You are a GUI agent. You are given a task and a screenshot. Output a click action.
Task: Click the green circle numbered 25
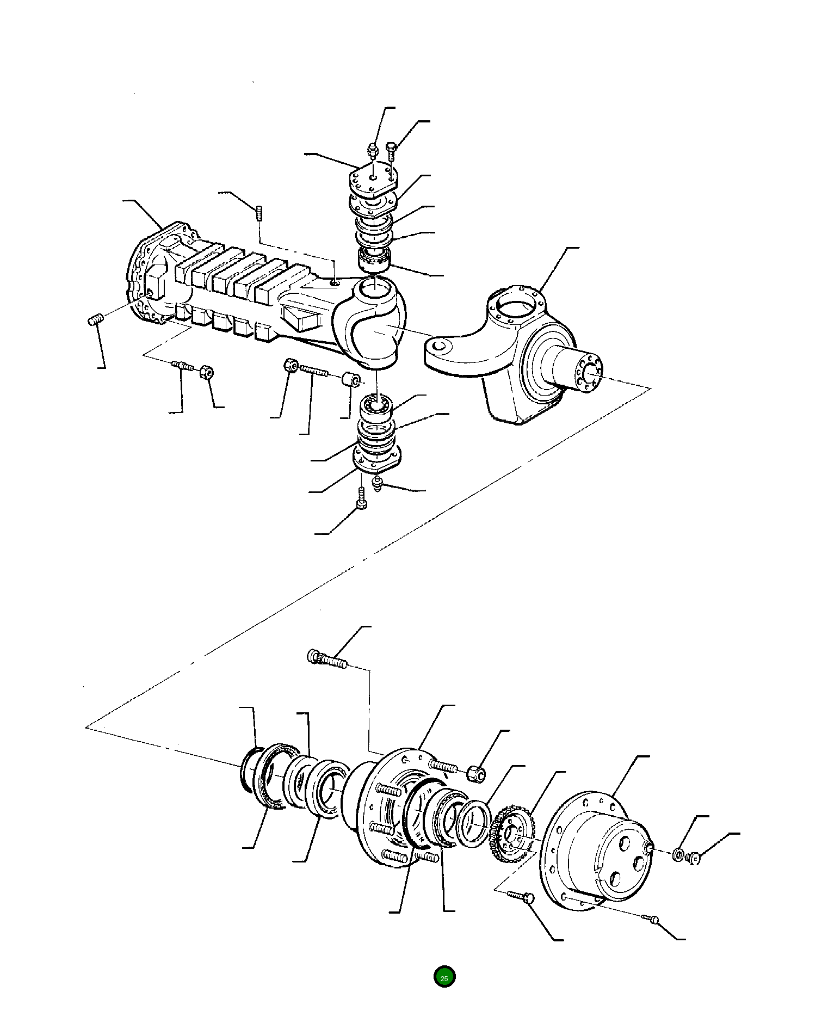click(444, 977)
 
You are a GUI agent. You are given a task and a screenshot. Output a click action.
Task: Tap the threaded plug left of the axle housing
click(95, 320)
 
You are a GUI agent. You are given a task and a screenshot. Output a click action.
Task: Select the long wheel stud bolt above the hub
click(326, 660)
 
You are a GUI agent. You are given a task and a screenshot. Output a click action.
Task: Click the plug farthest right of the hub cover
click(694, 859)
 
